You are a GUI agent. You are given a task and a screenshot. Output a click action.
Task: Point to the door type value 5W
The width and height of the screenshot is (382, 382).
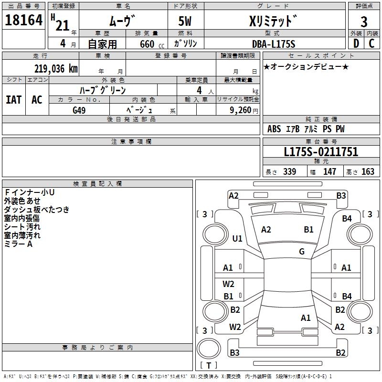pos(186,22)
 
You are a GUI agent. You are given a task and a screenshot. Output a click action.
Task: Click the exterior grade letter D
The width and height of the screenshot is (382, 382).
pos(356,43)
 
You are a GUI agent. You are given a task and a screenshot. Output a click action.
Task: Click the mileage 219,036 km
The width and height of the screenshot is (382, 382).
pos(56,68)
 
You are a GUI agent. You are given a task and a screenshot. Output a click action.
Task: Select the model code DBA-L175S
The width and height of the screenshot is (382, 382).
pos(274,44)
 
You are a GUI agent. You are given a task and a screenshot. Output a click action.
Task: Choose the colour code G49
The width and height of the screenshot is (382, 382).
pos(79,110)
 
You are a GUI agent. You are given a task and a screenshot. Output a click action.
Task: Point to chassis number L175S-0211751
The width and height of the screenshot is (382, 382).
pos(321,152)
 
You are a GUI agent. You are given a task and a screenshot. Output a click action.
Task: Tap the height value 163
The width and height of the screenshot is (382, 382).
pos(368,172)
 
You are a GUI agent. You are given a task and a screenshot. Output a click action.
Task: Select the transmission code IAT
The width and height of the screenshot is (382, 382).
pos(13,99)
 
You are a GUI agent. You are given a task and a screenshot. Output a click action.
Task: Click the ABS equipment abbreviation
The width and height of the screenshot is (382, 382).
pos(274,129)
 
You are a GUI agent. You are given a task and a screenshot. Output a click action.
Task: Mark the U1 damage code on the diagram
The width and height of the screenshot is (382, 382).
pos(237,238)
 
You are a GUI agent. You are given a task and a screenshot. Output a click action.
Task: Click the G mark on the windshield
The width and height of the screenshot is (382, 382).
pos(302,251)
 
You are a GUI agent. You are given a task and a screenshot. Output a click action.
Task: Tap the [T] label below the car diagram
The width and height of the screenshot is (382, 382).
pos(209,366)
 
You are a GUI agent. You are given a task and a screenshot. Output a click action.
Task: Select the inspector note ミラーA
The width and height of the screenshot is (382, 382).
pos(18,244)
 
